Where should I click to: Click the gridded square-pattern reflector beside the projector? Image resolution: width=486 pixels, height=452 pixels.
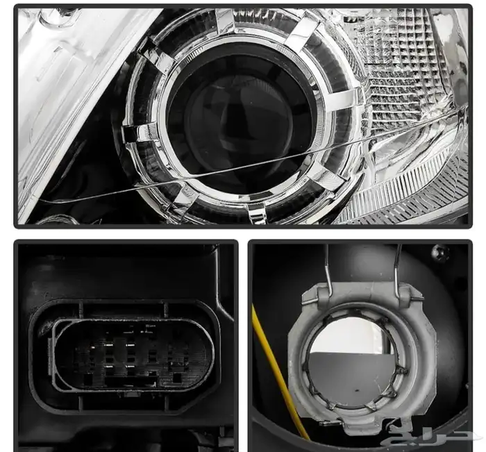(x=403, y=72)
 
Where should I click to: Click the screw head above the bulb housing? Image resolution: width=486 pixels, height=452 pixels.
(x=440, y=252)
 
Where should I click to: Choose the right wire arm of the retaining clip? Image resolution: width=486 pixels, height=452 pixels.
(x=397, y=271)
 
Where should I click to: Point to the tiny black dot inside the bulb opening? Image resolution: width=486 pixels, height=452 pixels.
(x=357, y=390)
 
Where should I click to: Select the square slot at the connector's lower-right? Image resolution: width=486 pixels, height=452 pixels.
(x=176, y=378)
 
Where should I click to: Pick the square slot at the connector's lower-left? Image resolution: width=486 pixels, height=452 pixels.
(x=89, y=379)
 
